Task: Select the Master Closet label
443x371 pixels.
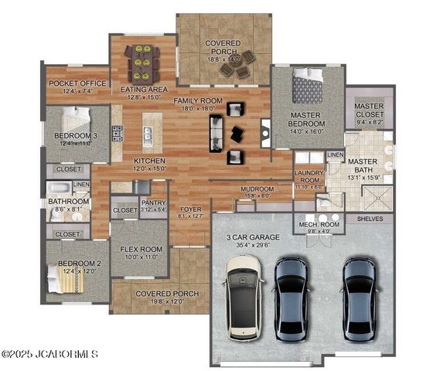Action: coord(369,111)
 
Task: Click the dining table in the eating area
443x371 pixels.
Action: coord(143,63)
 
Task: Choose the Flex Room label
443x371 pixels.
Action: coord(140,254)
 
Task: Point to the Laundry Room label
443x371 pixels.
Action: coord(308,182)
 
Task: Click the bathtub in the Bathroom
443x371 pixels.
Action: coord(60,188)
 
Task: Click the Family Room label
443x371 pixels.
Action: coord(197,105)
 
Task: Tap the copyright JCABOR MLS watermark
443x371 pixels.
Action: coord(49,355)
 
